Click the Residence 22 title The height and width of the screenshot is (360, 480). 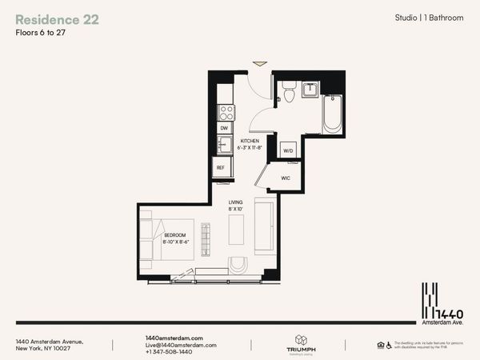pyautogui.click(x=57, y=19)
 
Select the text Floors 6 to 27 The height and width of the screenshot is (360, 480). pyautogui.click(x=42, y=34)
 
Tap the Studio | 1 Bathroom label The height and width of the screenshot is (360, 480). pyautogui.click(x=429, y=18)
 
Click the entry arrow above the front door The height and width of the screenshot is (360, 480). pyautogui.click(x=259, y=63)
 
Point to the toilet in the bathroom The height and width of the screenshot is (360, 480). pyautogui.click(x=289, y=94)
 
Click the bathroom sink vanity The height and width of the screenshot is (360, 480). pyautogui.click(x=310, y=89)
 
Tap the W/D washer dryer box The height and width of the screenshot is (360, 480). pyautogui.click(x=288, y=149)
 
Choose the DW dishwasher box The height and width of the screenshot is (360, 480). pyautogui.click(x=224, y=127)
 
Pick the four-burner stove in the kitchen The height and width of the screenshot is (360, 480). pyautogui.click(x=226, y=111)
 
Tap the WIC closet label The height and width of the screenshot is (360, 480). pyautogui.click(x=285, y=178)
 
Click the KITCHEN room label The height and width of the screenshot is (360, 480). pyautogui.click(x=253, y=142)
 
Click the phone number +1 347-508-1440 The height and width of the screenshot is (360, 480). pyautogui.click(x=169, y=352)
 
